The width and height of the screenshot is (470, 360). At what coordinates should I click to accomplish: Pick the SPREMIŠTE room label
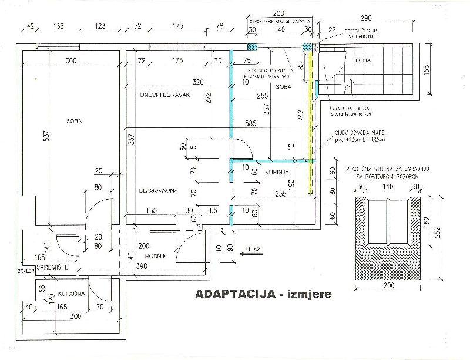53,268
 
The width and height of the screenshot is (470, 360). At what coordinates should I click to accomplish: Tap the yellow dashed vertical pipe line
309,106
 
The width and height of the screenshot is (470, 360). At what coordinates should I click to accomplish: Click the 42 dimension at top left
31,26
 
